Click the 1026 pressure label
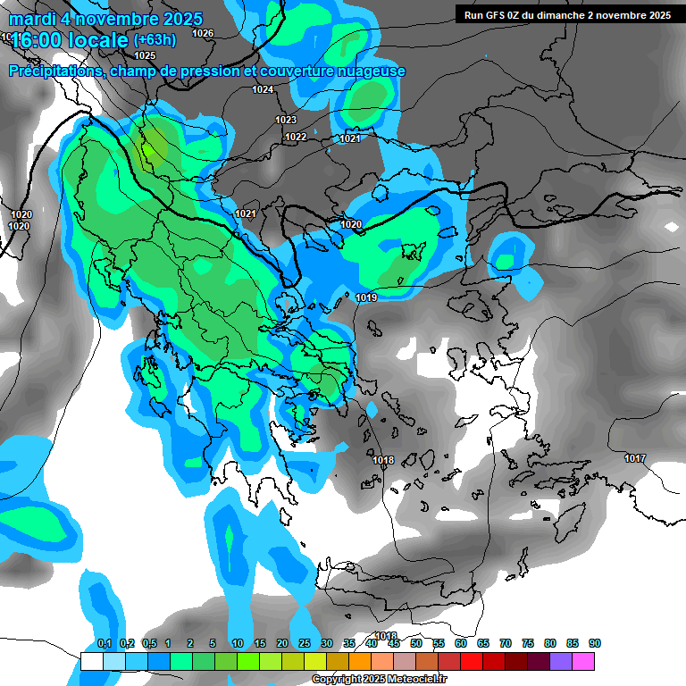pyautogui.click(x=203, y=33)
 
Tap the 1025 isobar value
pyautogui.click(x=145, y=55)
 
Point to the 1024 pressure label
pyautogui.click(x=263, y=89)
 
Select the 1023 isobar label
pyautogui.click(x=286, y=120)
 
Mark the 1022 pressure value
pyautogui.click(x=296, y=137)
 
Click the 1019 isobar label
pyautogui.click(x=366, y=297)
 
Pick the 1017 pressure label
pyautogui.click(x=635, y=458)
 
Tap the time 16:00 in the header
pyautogui.click(x=38, y=40)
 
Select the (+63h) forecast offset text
pyautogui.click(x=155, y=39)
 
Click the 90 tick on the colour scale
pyautogui.click(x=594, y=644)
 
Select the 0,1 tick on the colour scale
pyautogui.click(x=104, y=644)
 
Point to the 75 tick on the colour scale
pyautogui.click(x=527, y=644)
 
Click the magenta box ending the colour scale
pyautogui.click(x=583, y=661)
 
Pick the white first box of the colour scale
pyautogui.click(x=91, y=661)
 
